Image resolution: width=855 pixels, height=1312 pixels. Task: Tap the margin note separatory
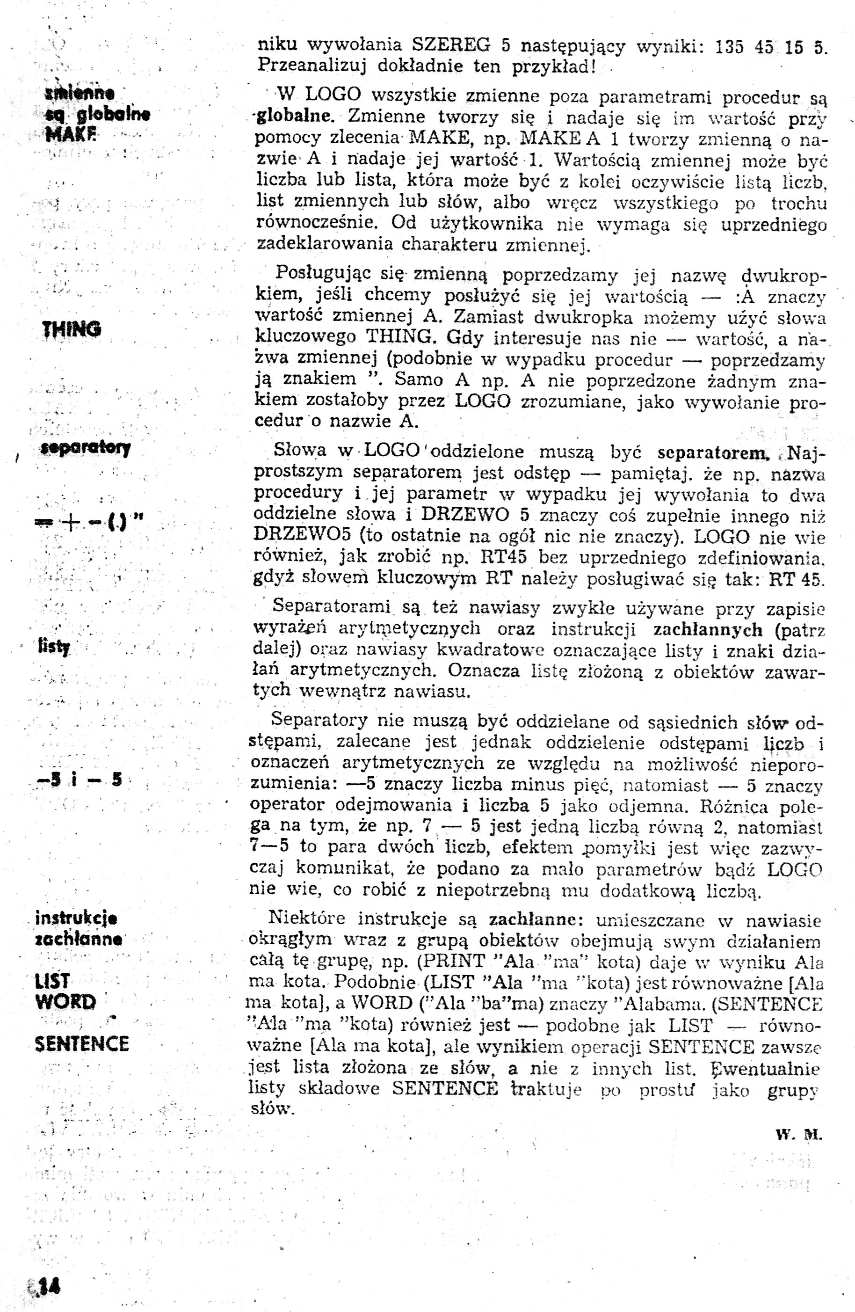click(x=86, y=448)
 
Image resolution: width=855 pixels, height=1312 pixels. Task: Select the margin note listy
click(x=54, y=646)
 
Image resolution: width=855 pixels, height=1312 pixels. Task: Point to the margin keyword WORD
click(x=65, y=1002)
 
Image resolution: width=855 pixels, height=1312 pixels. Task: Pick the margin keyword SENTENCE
click(x=81, y=1043)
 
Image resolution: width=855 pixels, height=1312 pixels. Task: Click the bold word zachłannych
click(x=707, y=629)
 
